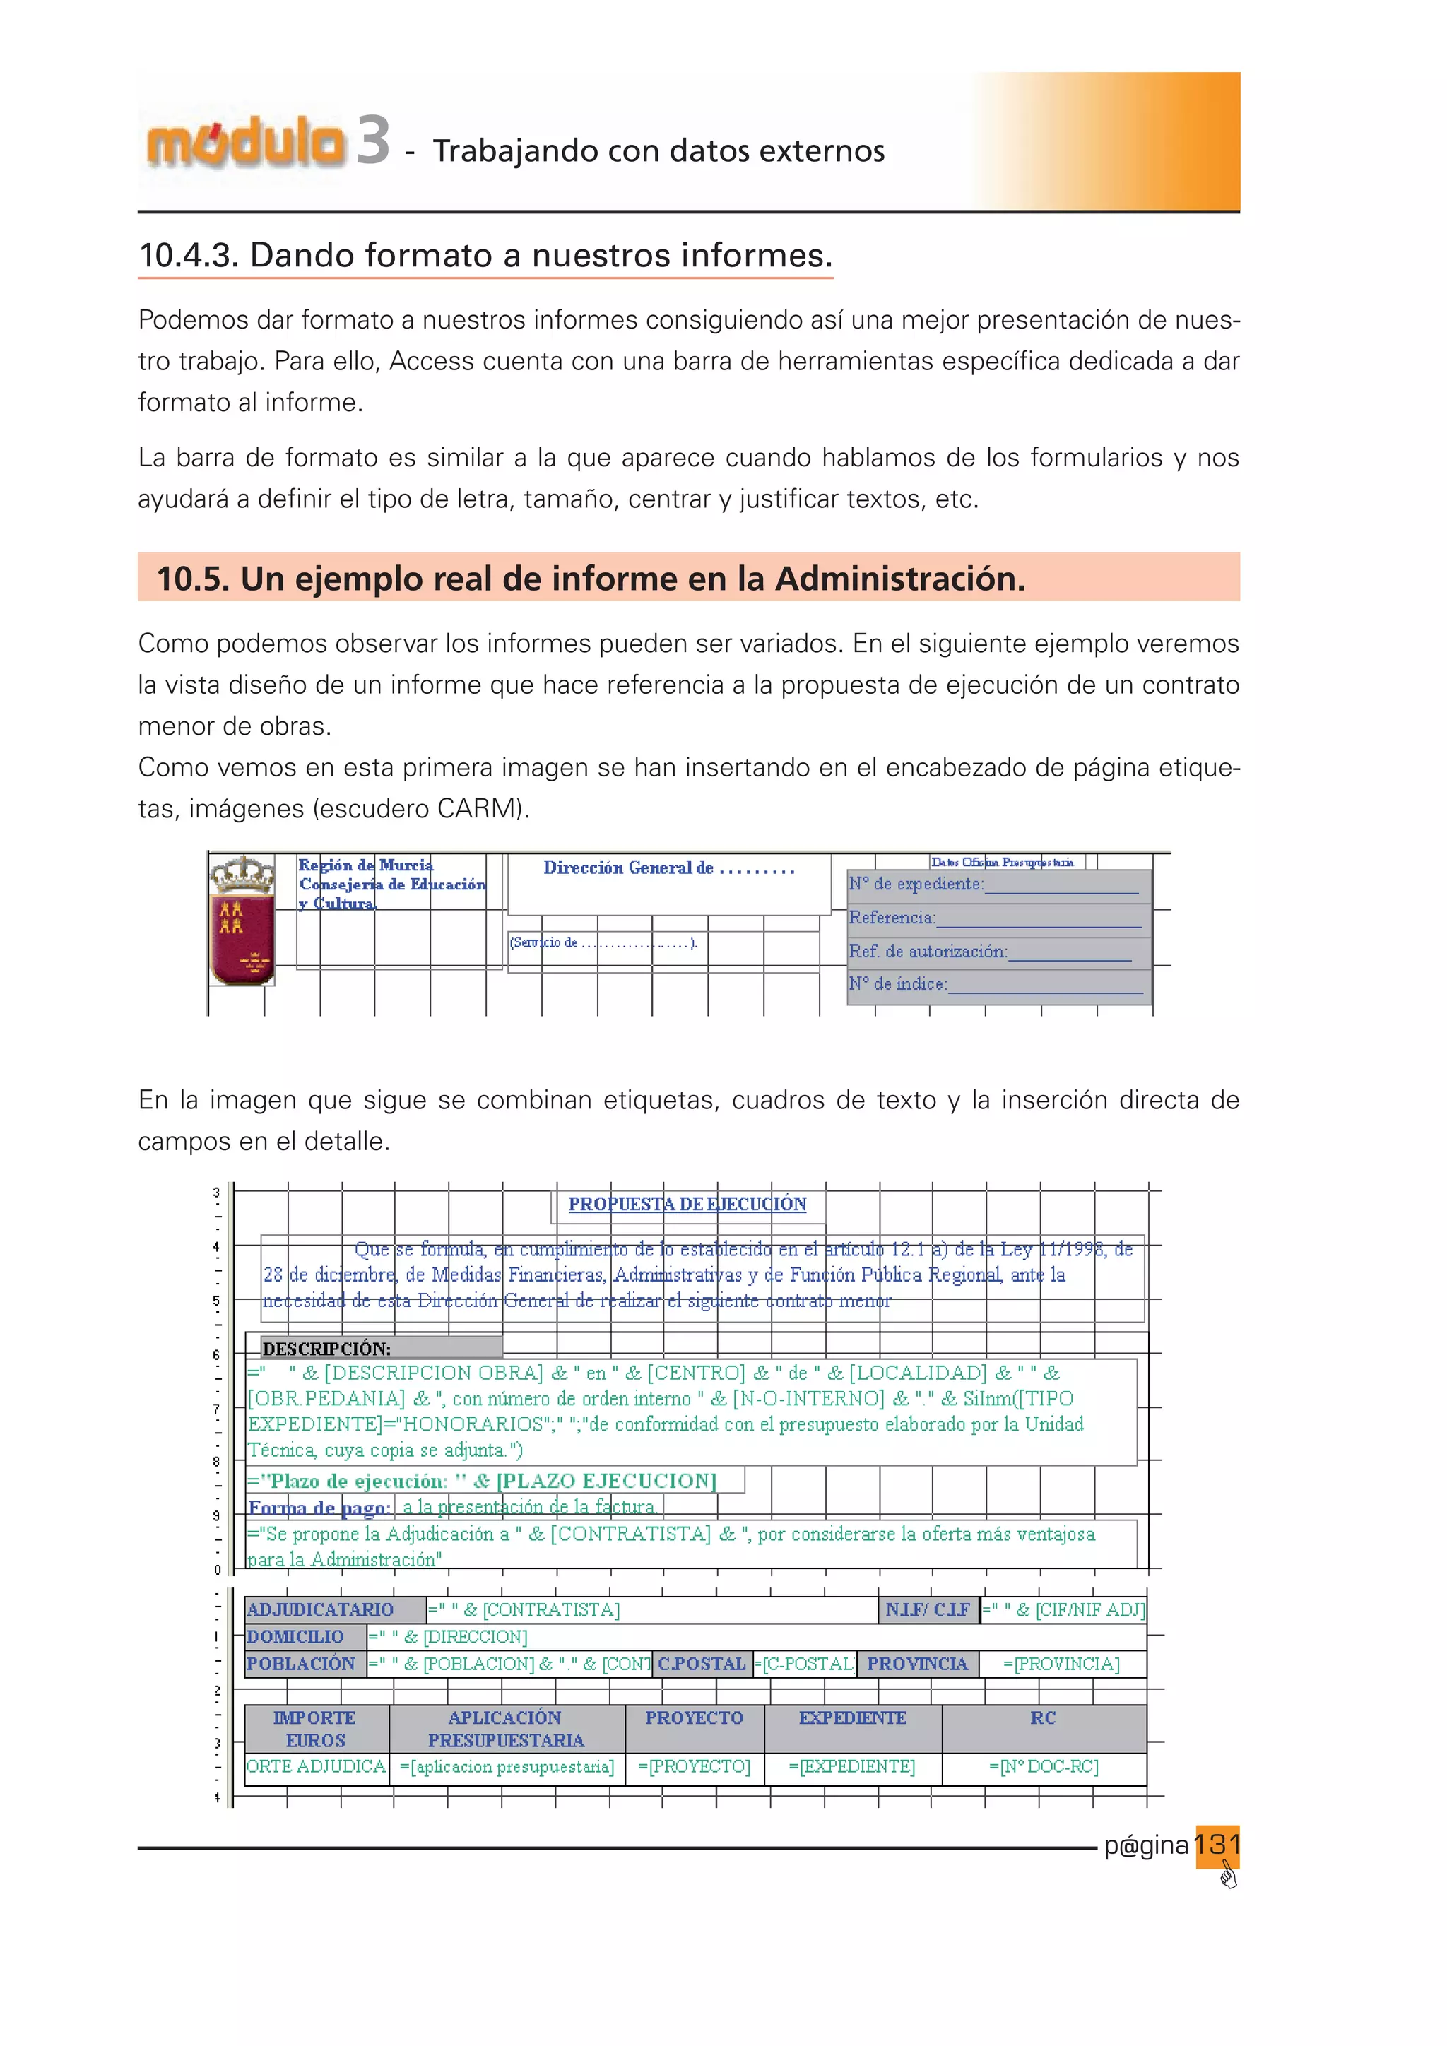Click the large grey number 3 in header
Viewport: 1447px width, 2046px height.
point(373,141)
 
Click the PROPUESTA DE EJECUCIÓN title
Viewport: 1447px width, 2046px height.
point(687,1204)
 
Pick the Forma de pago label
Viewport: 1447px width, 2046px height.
point(319,1508)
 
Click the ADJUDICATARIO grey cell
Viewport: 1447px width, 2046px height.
point(334,1609)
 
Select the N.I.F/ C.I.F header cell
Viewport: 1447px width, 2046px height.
point(928,1609)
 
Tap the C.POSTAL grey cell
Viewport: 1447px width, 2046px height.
point(701,1664)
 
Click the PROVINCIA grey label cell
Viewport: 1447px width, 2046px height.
point(917,1664)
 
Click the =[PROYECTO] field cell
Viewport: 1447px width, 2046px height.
point(694,1766)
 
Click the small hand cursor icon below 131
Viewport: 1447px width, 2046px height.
point(1229,1878)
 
